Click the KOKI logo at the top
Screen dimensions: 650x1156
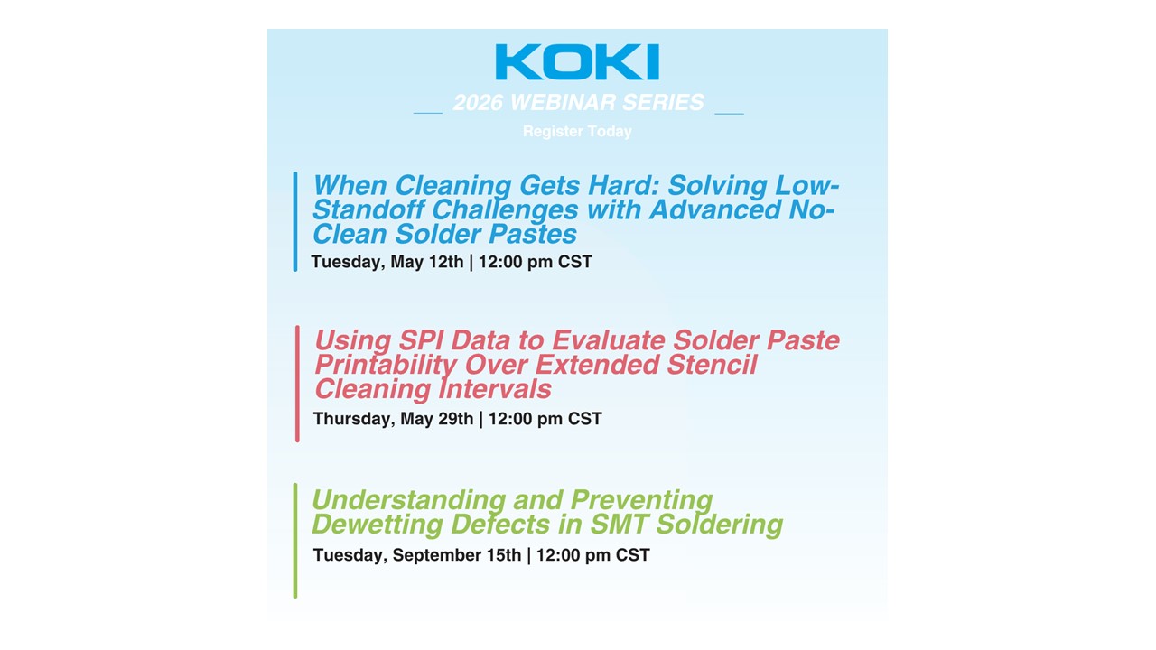[577, 62]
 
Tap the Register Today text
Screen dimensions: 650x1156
[577, 132]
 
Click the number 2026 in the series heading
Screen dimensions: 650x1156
[478, 103]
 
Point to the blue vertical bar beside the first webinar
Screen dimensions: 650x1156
[295, 221]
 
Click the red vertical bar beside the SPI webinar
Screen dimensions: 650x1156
[297, 384]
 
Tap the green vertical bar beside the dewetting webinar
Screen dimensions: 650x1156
[295, 540]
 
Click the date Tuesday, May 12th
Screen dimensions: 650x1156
[387, 263]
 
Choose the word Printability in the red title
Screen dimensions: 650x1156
[385, 366]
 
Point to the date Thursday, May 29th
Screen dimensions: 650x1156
[393, 419]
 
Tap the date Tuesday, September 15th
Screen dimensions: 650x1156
[416, 555]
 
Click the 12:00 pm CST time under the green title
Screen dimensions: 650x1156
[592, 555]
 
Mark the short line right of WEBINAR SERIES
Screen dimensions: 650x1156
[729, 114]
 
